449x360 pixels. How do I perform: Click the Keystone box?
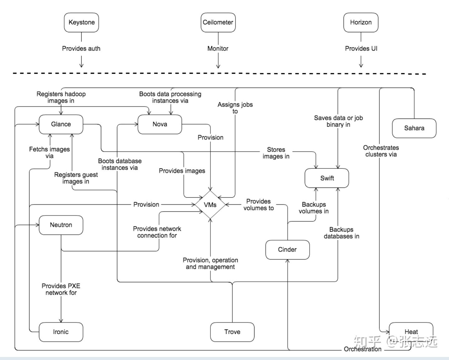pos(81,22)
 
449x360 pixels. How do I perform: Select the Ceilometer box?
pos(218,22)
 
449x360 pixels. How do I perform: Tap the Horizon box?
pos(361,22)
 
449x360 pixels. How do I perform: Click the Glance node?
pos(61,124)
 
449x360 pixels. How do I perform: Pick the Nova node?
pos(160,124)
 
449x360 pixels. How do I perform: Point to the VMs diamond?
pos(210,205)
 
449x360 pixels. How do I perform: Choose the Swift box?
pos(327,178)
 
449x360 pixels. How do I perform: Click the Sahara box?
pos(414,128)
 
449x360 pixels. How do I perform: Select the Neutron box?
pos(61,225)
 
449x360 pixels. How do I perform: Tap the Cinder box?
pos(287,250)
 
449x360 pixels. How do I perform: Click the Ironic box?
pos(61,332)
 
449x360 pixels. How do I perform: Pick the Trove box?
pos(232,332)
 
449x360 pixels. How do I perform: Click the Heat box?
pos(411,332)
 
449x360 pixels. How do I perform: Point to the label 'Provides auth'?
pos(81,48)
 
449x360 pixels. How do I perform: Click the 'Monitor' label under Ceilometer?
pos(218,48)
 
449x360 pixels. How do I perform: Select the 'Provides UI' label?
pos(361,48)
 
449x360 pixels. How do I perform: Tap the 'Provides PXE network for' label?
pos(61,289)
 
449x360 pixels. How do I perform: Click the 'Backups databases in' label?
pos(341,233)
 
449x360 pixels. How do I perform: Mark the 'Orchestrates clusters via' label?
pos(381,151)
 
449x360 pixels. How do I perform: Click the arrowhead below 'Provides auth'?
pos(81,66)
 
